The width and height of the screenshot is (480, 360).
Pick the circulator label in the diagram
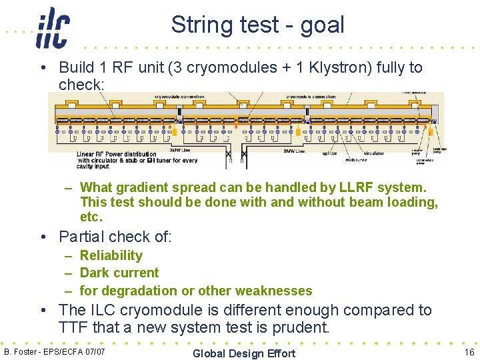pos(373,153)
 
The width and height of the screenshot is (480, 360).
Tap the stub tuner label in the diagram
pos(357,160)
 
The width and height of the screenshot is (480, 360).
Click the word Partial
pos(82,237)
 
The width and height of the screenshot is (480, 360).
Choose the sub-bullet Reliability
pos(111,255)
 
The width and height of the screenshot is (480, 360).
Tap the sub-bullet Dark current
pos(119,273)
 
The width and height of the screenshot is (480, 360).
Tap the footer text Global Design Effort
pos(243,353)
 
